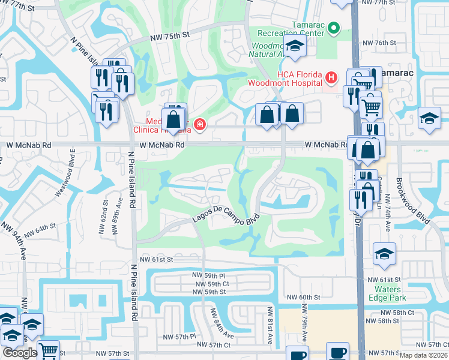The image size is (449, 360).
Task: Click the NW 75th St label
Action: point(170,35)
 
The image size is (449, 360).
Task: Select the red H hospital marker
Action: point(330,77)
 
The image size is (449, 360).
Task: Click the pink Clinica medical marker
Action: point(199,125)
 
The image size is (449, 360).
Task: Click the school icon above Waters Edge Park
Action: point(384,254)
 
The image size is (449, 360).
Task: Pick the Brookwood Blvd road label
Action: point(412,200)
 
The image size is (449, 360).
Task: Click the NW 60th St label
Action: point(304,298)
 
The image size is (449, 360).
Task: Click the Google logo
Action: point(20,353)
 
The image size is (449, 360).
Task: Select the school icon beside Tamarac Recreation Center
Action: point(295,47)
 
